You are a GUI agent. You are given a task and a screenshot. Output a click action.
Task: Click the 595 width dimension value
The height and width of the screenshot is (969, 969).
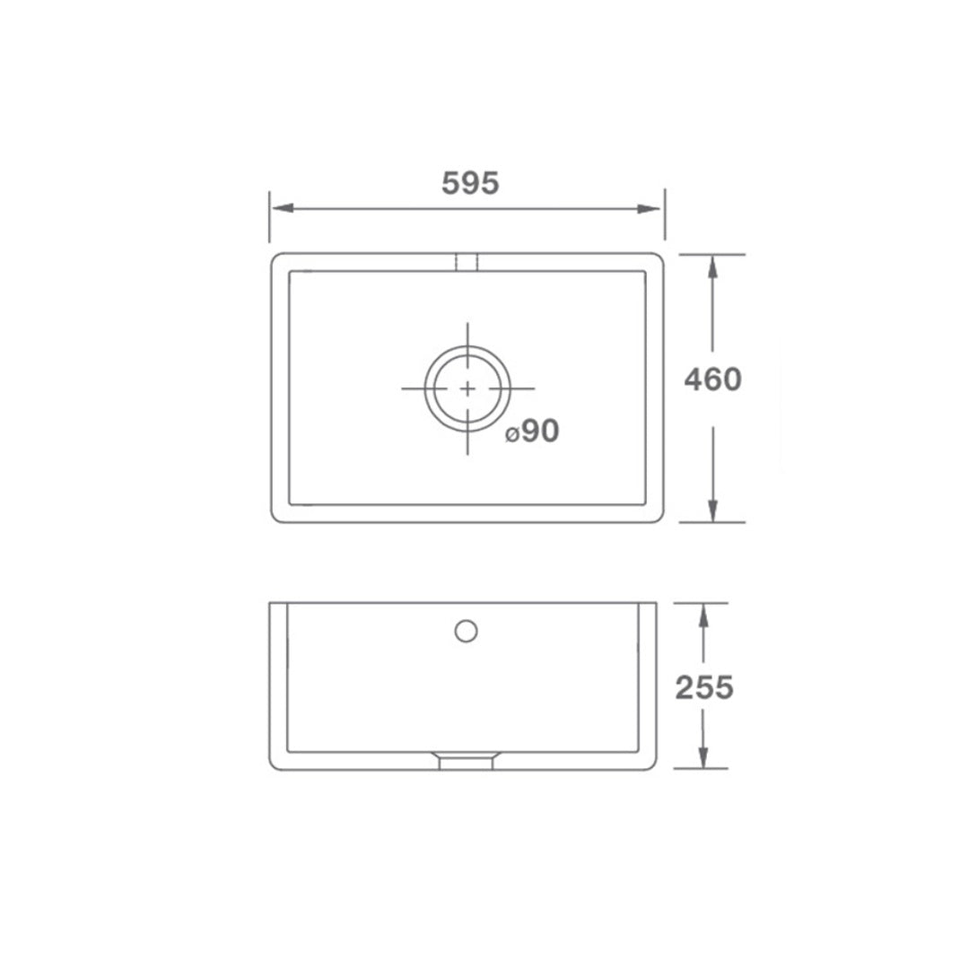(x=469, y=183)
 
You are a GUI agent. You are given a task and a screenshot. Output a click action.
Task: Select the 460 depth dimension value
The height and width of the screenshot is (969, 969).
(x=712, y=380)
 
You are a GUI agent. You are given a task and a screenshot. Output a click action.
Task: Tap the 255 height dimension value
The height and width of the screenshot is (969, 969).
(x=703, y=687)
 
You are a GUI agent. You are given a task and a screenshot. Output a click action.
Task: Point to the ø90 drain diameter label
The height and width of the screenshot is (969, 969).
(x=532, y=432)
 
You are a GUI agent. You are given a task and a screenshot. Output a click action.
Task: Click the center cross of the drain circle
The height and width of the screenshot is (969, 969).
(x=467, y=388)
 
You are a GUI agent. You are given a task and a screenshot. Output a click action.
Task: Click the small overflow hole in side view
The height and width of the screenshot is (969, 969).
(x=466, y=631)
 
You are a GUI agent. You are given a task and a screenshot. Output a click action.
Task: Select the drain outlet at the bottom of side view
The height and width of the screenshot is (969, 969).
(x=466, y=761)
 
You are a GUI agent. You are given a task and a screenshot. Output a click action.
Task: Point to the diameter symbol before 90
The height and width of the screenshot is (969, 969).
(x=510, y=435)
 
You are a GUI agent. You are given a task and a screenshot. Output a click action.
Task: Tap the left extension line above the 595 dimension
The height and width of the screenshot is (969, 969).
(x=269, y=215)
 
